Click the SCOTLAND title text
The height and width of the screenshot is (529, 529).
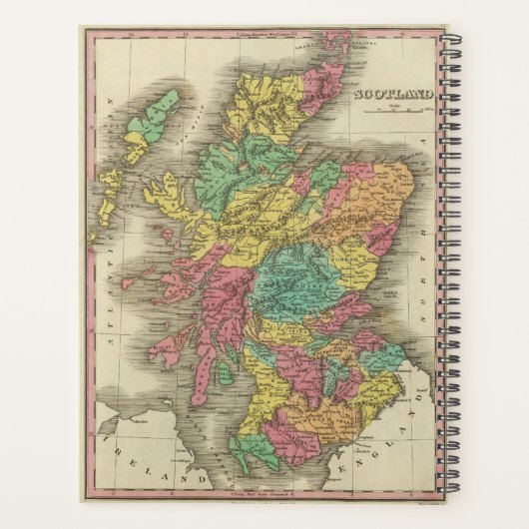[x=393, y=96]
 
